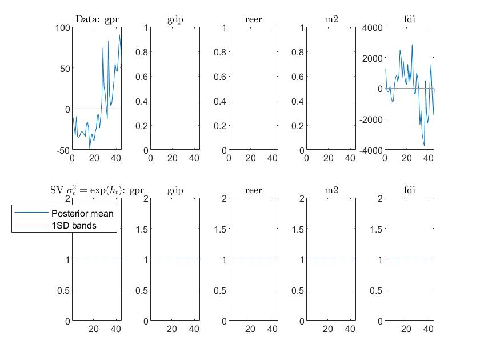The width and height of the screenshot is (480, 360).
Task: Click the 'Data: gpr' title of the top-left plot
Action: point(97,19)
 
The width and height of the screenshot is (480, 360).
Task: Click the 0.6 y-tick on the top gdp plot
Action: point(141,77)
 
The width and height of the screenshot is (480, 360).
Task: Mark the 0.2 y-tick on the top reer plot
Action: point(219,126)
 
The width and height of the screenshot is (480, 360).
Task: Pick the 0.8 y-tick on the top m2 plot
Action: point(297,52)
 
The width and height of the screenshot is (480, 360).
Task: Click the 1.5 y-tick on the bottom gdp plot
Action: point(141,229)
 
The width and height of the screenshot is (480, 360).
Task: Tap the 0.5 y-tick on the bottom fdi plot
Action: point(375,290)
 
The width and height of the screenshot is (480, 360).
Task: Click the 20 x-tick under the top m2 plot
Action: point(329,158)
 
